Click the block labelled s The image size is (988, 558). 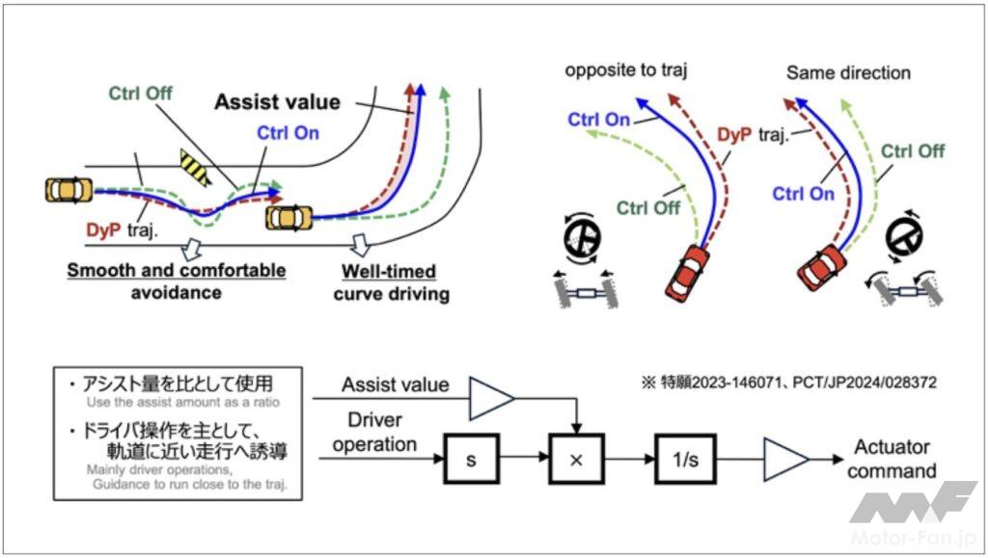[471, 458]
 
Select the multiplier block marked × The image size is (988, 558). [577, 458]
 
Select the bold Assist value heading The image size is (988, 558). [277, 101]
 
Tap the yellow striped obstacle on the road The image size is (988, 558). [196, 167]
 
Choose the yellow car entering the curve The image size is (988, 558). [289, 217]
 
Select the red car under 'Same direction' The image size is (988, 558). [823, 266]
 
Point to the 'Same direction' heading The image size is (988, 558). [848, 72]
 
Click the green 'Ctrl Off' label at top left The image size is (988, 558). [141, 93]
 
